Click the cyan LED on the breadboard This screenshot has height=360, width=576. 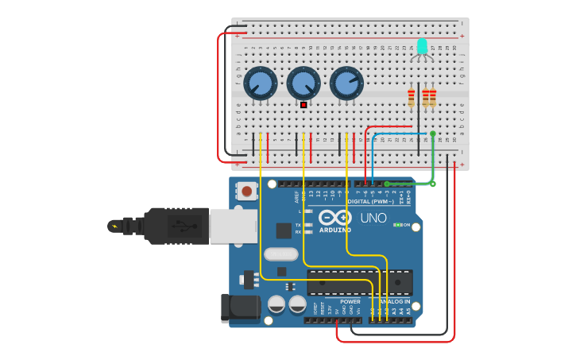coord(422,46)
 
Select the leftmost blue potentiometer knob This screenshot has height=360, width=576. coord(260,83)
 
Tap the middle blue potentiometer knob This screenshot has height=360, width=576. coord(303,83)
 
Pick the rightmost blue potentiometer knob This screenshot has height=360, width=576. coord(346,83)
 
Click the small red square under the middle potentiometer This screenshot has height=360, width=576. coord(303,104)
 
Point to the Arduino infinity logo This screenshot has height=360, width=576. coord(335,217)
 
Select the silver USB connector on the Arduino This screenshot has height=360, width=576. coord(232,226)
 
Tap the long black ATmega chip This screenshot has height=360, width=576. coord(360,282)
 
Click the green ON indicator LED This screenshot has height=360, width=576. coord(397,225)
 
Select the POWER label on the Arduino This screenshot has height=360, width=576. coord(350,302)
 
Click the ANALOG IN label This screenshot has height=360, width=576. coord(395,302)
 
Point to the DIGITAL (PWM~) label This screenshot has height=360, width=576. coord(377,201)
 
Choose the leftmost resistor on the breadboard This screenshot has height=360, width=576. coord(411,98)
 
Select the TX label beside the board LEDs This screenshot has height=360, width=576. coord(298,224)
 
